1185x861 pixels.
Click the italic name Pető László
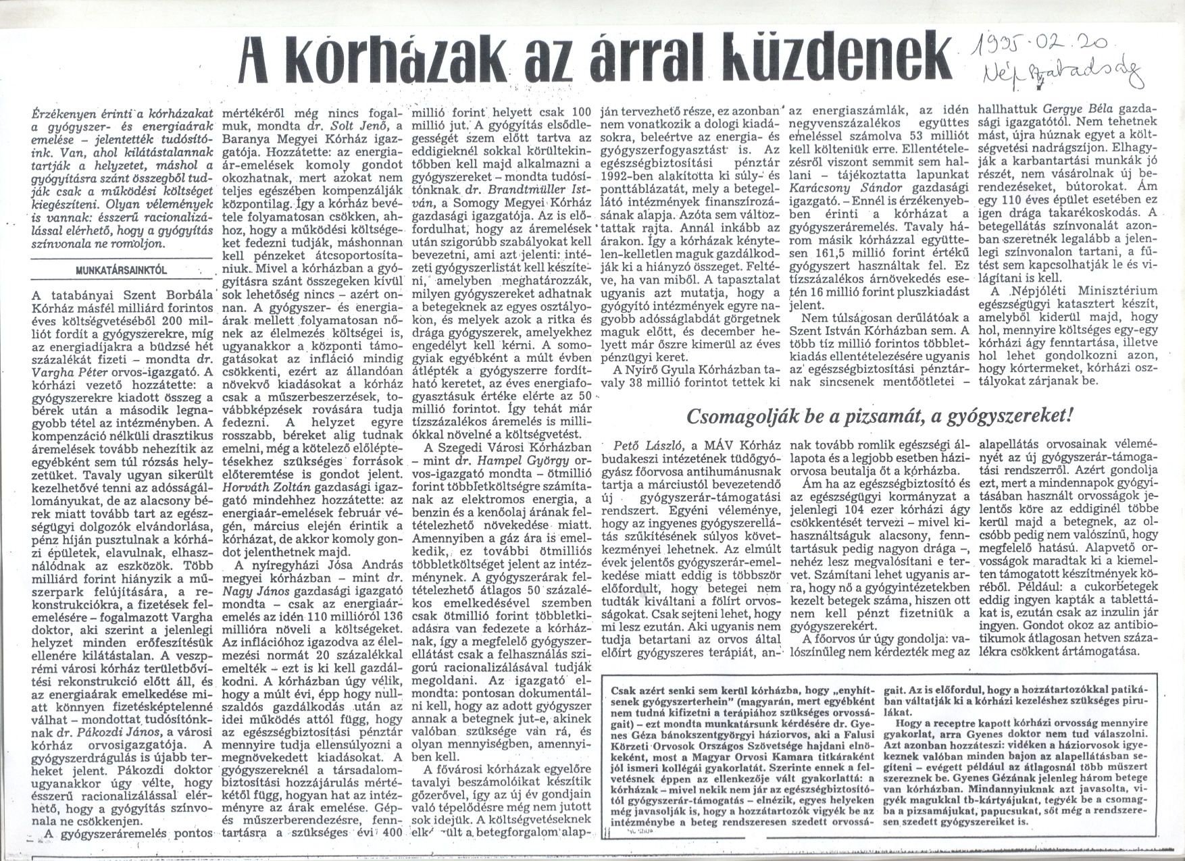click(642, 445)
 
